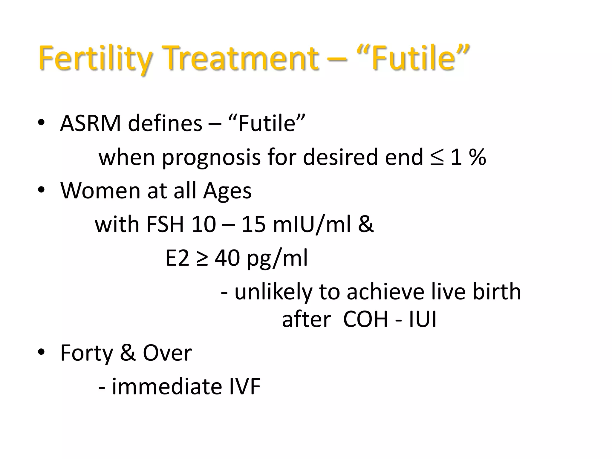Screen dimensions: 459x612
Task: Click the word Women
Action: [100, 191]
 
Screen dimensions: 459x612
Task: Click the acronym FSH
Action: [165, 224]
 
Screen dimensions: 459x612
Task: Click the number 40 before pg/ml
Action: [227, 258]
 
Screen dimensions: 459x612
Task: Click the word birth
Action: [496, 291]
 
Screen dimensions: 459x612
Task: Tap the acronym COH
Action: [365, 319]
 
